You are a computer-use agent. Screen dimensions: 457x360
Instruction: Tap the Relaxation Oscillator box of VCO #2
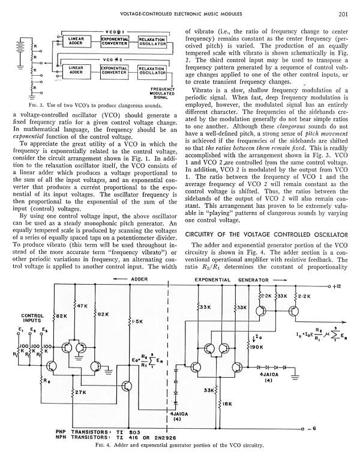coord(151,71)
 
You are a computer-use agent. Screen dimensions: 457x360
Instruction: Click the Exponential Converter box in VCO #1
coord(113,41)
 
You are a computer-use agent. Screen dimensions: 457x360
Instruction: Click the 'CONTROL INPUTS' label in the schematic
coord(32,318)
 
